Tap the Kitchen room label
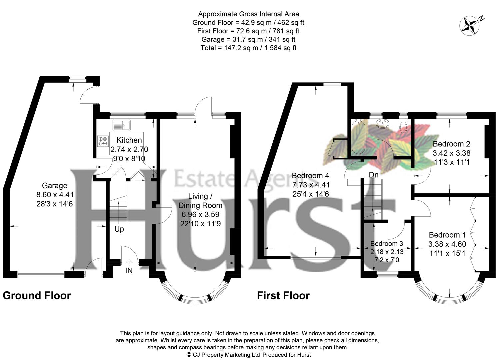tap(129, 140)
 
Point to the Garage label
tap(54, 186)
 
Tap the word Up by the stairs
tap(119, 229)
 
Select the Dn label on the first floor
tap(373, 175)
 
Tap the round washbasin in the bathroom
tap(383, 124)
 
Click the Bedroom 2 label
tap(451, 144)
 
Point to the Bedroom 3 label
tap(386, 244)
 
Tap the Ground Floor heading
tap(37, 296)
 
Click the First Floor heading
tap(283, 296)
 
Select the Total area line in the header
tap(248, 48)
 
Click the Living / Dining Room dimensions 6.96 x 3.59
tap(200, 215)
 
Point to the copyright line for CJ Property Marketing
tap(248, 355)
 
